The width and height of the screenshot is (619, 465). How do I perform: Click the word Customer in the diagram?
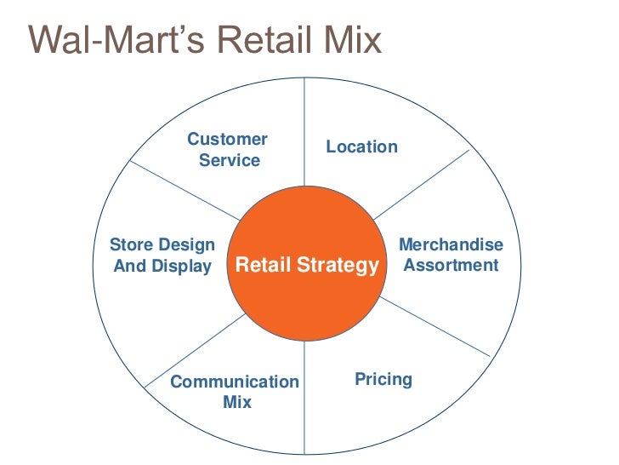[227, 139]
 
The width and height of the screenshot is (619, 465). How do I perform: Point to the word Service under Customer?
[230, 160]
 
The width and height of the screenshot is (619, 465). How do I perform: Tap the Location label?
[361, 146]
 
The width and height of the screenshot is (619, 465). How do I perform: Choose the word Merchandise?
[451, 245]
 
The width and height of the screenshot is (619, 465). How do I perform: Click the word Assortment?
[451, 265]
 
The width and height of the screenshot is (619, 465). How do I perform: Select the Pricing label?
[383, 379]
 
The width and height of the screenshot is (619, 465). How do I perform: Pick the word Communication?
[235, 382]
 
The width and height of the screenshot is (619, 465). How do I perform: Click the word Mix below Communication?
[236, 402]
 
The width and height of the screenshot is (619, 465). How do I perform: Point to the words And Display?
[162, 266]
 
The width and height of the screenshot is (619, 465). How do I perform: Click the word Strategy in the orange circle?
[338, 266]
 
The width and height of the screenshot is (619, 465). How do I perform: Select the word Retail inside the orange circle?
[264, 266]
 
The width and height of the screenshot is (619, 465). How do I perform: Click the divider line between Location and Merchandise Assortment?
[421, 183]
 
